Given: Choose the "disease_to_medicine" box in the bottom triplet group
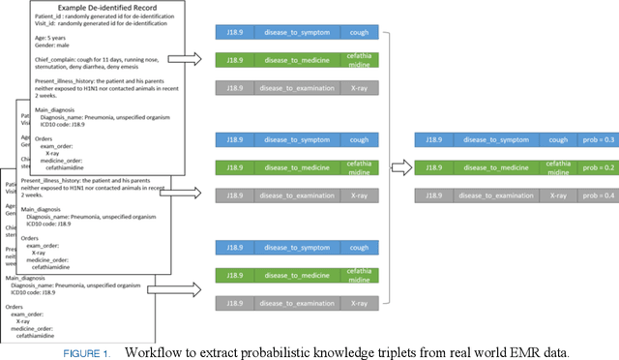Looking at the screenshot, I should [x=296, y=276].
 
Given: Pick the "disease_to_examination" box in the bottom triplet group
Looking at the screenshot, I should [x=296, y=303].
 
